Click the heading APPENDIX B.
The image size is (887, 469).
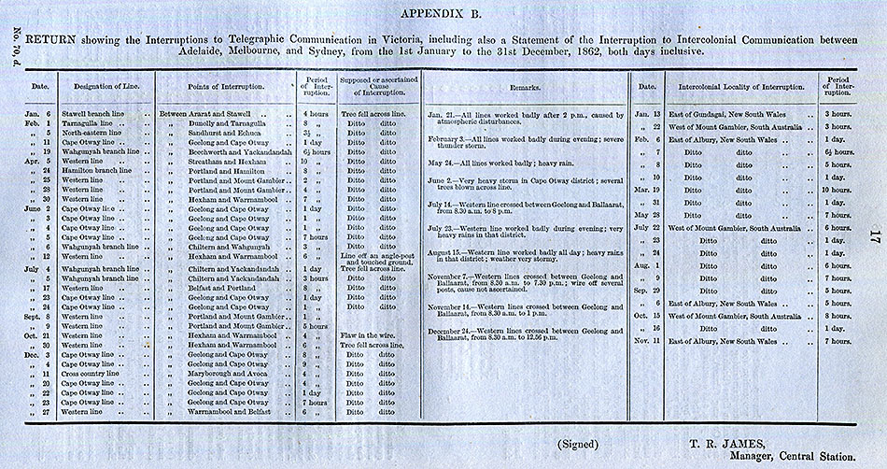pos(443,13)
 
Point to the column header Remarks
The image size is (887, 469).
pos(526,86)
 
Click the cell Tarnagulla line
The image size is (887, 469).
pos(92,124)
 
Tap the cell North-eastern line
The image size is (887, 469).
pos(94,134)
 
